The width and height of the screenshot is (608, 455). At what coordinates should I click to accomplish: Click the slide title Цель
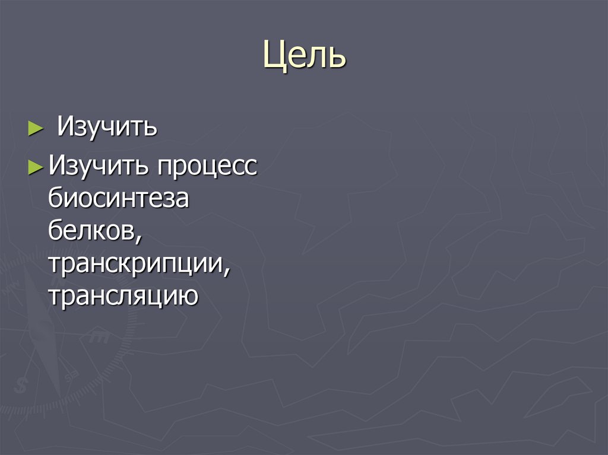pos(304,57)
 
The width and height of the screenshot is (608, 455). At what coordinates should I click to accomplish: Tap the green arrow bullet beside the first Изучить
pos(35,128)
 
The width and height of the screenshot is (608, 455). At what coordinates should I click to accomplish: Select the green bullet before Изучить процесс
pos(36,167)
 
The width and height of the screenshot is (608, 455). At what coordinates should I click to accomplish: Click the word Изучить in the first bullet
pos(107,128)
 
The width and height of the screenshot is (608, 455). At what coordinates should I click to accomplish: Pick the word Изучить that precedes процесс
pos(99,167)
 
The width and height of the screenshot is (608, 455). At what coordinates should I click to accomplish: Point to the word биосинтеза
pos(119,199)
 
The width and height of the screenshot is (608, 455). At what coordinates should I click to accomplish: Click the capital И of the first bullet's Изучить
pos(66,128)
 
